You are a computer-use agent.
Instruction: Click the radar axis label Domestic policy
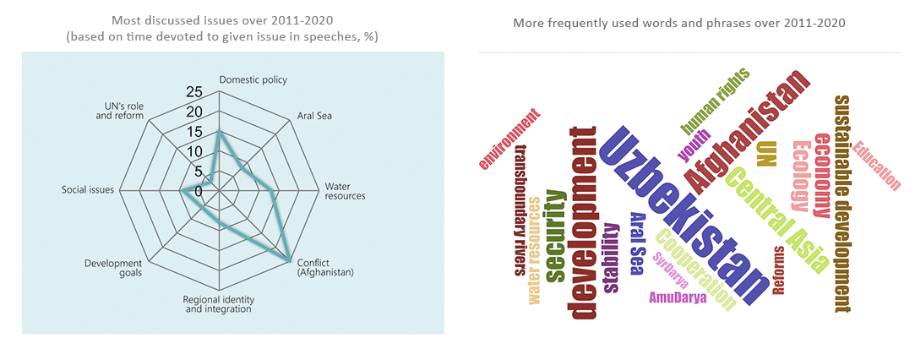click(x=253, y=80)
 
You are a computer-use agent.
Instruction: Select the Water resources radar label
click(x=345, y=190)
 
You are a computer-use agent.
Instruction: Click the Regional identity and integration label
click(x=218, y=304)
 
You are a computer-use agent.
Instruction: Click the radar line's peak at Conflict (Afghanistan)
click(x=290, y=259)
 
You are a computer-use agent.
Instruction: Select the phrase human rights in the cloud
click(x=715, y=101)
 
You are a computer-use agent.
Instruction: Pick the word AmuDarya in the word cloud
click(x=678, y=297)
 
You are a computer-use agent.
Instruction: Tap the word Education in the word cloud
click(x=876, y=166)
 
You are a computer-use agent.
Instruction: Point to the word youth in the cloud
click(x=694, y=145)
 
